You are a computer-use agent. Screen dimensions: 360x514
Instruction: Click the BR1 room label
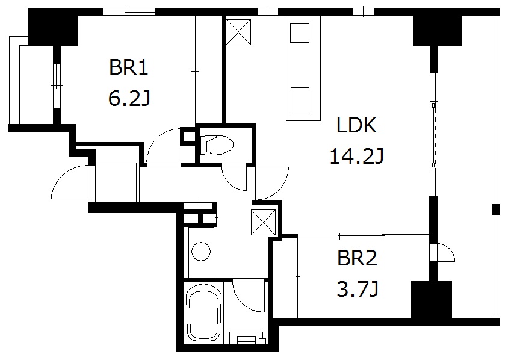[x=128, y=67]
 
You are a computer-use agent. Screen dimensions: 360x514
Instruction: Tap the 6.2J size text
[x=128, y=98]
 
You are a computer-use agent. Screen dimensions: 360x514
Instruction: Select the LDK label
[x=356, y=126]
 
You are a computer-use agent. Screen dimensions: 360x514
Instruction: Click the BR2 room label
[x=356, y=259]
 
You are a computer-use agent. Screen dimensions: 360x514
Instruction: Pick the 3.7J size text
[x=356, y=290]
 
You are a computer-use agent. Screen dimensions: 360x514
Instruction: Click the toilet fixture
[x=217, y=144]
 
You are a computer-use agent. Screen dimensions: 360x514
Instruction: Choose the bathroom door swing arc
[x=248, y=295]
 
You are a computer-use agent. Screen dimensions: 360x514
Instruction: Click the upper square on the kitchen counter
[x=299, y=33]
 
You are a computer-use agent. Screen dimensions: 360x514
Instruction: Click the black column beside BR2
[x=431, y=299]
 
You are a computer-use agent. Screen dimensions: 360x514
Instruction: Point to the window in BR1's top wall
[x=128, y=11]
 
